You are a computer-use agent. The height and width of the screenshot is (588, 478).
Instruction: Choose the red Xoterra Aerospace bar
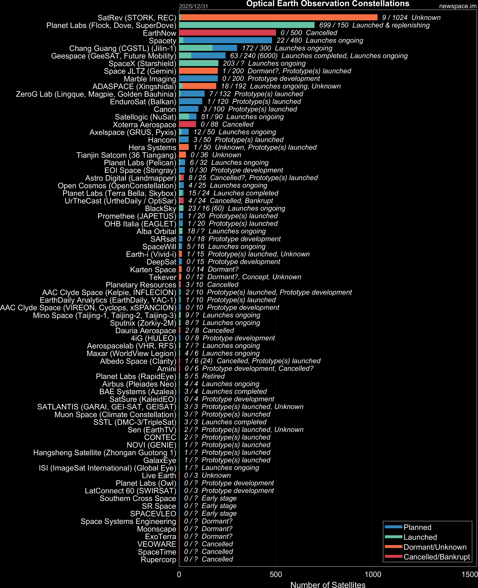tap(187, 124)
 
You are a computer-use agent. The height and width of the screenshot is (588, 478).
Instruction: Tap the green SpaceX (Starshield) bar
tap(198, 63)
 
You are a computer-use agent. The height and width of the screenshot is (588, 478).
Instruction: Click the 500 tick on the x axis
tap(276, 575)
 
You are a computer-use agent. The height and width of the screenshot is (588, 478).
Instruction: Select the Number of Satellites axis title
tap(328, 585)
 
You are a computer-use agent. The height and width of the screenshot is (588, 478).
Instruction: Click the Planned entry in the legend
tap(417, 527)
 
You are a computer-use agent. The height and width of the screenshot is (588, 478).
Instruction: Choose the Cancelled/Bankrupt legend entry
tap(436, 557)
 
